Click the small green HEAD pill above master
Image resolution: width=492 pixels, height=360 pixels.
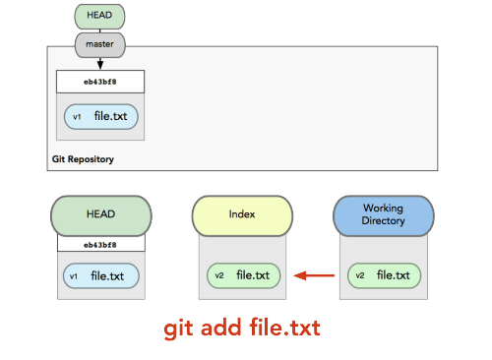point(99,17)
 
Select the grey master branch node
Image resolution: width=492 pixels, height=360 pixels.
point(100,45)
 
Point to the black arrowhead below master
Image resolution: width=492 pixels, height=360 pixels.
point(100,64)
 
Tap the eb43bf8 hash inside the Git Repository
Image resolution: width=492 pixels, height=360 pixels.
point(100,82)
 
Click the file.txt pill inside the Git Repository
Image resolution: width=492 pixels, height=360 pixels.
point(101,117)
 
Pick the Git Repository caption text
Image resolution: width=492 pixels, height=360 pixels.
point(83,159)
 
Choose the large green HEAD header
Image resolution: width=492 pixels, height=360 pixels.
point(101,215)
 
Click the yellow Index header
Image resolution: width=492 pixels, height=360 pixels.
point(242,215)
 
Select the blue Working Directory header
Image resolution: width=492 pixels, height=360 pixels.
point(384,215)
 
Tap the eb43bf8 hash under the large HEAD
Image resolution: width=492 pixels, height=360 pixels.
point(100,245)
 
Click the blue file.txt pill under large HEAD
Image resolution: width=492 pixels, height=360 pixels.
point(101,276)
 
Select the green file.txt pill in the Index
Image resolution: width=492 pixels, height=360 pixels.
point(244,275)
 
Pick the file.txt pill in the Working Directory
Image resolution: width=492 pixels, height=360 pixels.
point(384,275)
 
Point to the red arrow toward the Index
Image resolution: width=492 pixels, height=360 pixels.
point(314,275)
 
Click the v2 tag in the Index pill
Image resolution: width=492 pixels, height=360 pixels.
point(219,275)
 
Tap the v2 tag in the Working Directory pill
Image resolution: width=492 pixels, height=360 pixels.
point(360,275)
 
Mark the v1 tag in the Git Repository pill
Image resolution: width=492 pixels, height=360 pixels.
point(77,117)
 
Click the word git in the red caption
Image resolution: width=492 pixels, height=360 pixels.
point(178,329)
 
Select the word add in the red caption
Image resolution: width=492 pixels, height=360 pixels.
point(221,328)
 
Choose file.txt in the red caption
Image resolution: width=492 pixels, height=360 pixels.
point(284,327)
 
